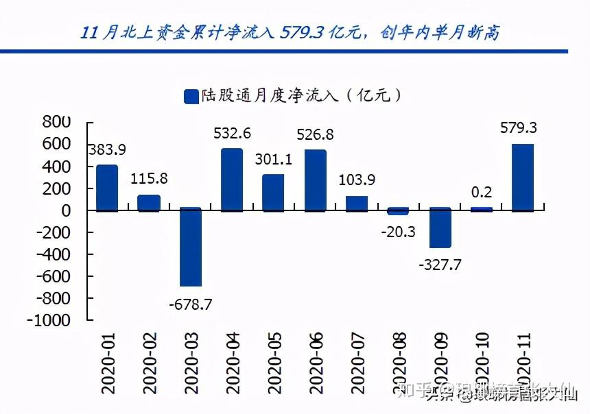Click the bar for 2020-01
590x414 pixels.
coord(107,188)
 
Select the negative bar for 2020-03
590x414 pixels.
coord(191,247)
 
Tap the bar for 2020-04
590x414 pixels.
coord(232,180)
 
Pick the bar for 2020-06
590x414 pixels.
coord(315,180)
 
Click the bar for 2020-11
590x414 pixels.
coord(523,177)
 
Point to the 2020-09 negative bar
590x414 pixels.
coord(440,228)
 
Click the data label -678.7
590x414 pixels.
coord(191,303)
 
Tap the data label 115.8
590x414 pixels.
coord(150,180)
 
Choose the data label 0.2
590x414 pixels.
coord(481,193)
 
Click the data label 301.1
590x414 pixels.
coord(273,159)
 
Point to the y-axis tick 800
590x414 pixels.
coord(57,123)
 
